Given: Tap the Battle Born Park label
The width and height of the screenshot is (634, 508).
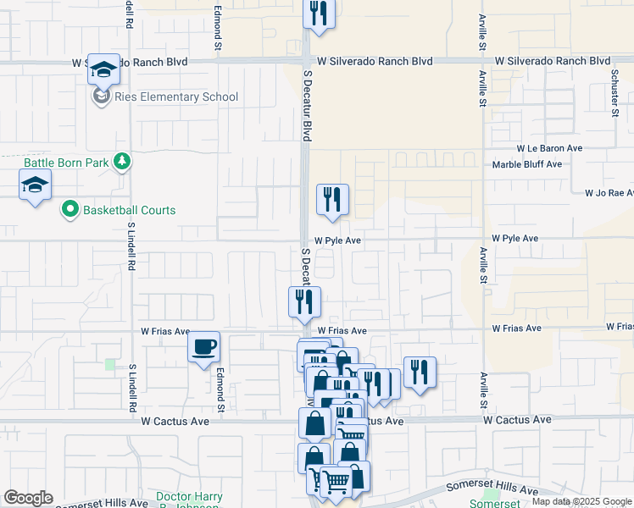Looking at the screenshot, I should pos(61,161).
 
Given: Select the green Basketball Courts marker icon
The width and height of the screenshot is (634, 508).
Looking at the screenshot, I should pos(70,210).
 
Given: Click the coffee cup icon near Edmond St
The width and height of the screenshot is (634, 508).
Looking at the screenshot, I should pos(203,347).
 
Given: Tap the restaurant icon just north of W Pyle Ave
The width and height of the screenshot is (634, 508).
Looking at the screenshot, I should pos(333,200).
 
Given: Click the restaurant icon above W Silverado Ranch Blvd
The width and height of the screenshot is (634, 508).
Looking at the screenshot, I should pos(319,14).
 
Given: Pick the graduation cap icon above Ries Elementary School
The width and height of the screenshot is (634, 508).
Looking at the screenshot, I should pos(103,69).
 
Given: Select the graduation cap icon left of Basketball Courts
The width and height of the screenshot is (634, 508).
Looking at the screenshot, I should pos(35,185).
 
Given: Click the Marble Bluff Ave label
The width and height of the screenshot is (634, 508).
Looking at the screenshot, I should pos(527,164).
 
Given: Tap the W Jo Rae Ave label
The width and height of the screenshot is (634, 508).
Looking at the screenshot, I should pos(609,193).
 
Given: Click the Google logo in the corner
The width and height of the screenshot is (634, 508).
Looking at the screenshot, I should pos(28,498).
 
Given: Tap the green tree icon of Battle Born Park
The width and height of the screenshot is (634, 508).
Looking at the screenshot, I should pos(123,161).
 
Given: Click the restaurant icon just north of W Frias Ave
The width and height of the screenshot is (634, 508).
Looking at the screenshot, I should pos(303,302).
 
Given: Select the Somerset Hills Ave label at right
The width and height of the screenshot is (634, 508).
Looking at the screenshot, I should pos(492,490).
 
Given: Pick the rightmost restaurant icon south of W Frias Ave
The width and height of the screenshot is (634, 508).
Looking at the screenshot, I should pos(420,372).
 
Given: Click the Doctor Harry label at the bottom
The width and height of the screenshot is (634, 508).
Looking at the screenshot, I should pos(189,496).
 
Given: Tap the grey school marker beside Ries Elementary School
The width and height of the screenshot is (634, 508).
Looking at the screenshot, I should pos(102,97).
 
